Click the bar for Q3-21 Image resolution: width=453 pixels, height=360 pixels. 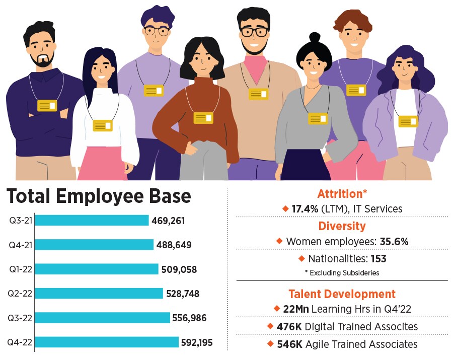coord(92,220)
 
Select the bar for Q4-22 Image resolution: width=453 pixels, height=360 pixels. coord(107,342)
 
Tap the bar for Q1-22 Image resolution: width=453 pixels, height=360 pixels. coord(97,269)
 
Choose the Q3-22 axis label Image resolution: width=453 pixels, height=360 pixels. coord(20,318)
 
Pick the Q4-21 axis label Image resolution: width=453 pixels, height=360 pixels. coord(20,245)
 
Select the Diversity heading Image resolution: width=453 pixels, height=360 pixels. coord(342,226)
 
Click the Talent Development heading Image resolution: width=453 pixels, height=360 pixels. coord(342,294)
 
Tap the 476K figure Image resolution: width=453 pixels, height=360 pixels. coord(289,327)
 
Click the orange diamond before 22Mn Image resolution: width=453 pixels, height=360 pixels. coord(276,308)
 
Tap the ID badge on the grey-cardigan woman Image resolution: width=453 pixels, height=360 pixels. coord(318,118)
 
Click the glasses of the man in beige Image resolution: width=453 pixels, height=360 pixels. coord(254,31)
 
